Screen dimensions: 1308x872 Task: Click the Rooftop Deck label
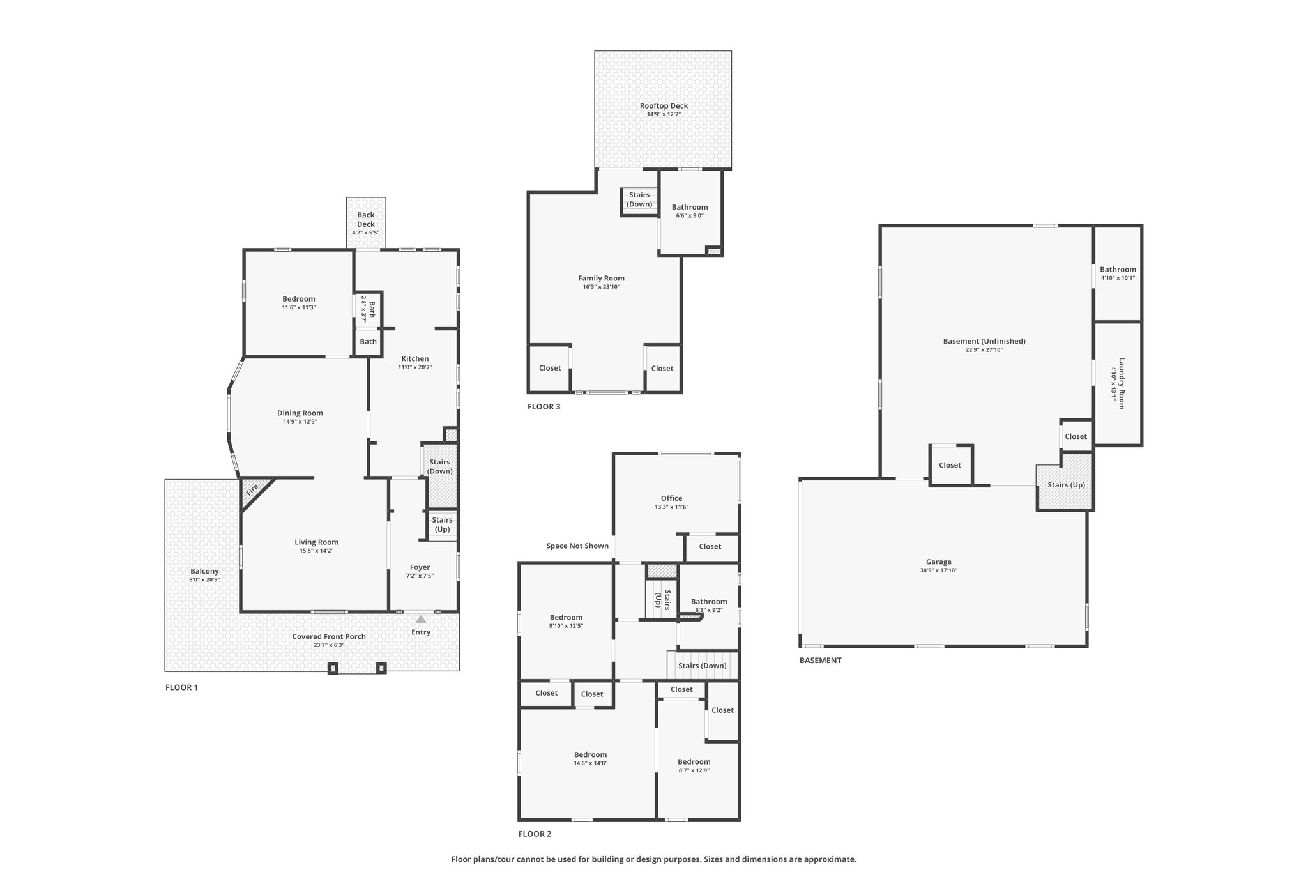664,106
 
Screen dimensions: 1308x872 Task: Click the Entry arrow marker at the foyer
420,619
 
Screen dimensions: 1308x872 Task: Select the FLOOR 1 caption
181,687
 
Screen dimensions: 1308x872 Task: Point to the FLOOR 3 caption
544,406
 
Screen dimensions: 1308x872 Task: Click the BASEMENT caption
820,660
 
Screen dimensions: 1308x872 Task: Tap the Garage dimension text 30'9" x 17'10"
938,570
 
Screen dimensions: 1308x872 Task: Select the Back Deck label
366,220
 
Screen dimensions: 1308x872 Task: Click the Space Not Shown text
577,546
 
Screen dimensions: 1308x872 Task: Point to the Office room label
671,498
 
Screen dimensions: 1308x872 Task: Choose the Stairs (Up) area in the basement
1065,482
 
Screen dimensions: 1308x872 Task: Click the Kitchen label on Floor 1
415,358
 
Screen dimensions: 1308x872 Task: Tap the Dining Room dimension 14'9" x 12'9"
300,421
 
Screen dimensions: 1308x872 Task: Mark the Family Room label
601,278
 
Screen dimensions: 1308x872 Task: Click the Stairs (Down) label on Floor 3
639,199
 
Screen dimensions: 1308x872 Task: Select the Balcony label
204,571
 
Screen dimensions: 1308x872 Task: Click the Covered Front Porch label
329,636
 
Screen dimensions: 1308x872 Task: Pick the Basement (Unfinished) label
984,341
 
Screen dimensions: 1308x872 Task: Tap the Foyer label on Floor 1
420,567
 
